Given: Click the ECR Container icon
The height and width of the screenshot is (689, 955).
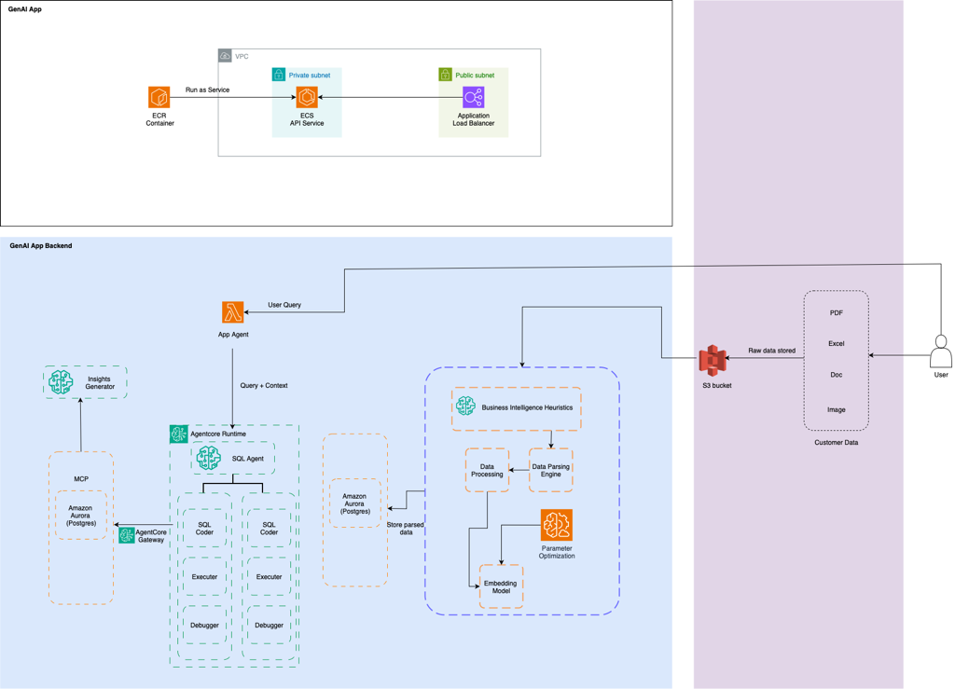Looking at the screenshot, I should [x=159, y=97].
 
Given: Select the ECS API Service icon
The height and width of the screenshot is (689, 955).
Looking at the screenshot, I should [x=307, y=97].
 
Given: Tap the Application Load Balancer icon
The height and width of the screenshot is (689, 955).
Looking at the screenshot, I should [x=474, y=97].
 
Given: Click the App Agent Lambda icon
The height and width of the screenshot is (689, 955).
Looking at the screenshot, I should [x=233, y=312].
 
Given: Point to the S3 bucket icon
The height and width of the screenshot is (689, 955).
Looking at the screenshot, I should [x=713, y=361].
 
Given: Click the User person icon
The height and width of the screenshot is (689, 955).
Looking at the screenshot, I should [x=941, y=352].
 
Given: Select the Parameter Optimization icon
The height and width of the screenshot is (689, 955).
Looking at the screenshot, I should [x=557, y=526].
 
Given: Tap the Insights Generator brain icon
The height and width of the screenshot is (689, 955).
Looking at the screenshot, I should [x=62, y=381].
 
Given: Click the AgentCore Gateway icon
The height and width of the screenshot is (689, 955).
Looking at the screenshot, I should [x=127, y=535].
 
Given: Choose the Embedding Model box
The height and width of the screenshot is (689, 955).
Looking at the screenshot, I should [x=501, y=587].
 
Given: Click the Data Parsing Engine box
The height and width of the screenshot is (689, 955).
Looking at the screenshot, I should [x=550, y=470].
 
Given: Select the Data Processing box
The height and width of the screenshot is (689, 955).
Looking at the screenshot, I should [x=487, y=470].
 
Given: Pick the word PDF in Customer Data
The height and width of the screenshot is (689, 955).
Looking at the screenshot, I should [x=837, y=313].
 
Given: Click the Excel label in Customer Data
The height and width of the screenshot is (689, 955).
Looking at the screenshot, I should [x=837, y=343].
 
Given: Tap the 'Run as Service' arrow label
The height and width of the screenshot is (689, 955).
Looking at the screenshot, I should [x=207, y=90].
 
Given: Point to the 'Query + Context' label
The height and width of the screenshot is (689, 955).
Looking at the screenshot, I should [x=264, y=385].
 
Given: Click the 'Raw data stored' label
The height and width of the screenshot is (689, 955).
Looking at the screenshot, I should [x=772, y=351].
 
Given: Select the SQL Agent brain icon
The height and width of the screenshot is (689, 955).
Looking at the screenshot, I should [x=209, y=458].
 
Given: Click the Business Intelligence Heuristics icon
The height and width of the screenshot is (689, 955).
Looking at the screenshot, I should [x=465, y=407].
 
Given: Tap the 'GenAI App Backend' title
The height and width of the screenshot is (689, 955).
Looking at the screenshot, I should [x=41, y=246].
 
